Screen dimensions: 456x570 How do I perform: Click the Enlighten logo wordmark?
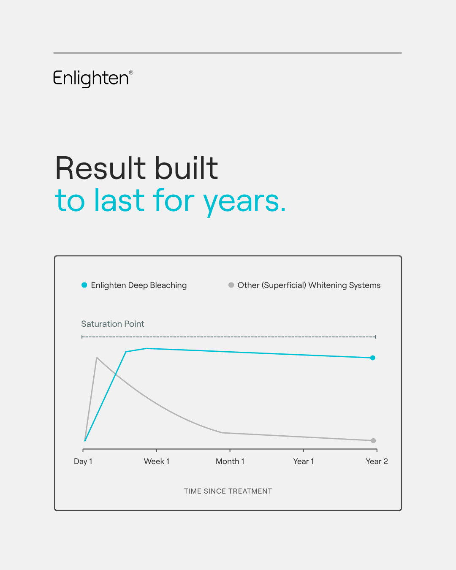91,79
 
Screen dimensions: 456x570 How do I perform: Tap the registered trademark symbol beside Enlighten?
131,73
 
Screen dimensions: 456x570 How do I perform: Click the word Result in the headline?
100,168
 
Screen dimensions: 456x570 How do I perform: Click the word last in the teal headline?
119,200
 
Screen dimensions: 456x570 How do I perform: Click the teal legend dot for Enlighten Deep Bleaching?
84,285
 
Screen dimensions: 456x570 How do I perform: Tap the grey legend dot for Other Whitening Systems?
231,285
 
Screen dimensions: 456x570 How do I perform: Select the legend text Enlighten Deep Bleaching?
139,285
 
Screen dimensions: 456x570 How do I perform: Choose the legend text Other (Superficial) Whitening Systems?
309,285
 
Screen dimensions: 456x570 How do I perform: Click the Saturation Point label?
113,324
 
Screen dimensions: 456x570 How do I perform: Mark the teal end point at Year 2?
372,358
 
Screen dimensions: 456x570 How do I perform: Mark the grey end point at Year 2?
373,440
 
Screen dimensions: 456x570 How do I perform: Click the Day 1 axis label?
83,461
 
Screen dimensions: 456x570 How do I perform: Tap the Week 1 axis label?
157,461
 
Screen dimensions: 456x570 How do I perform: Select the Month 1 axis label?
230,461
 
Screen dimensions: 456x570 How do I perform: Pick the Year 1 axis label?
304,461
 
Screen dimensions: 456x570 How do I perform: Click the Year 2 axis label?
377,461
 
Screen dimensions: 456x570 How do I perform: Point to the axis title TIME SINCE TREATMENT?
228,491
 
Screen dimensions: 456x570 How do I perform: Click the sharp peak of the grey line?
97,358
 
